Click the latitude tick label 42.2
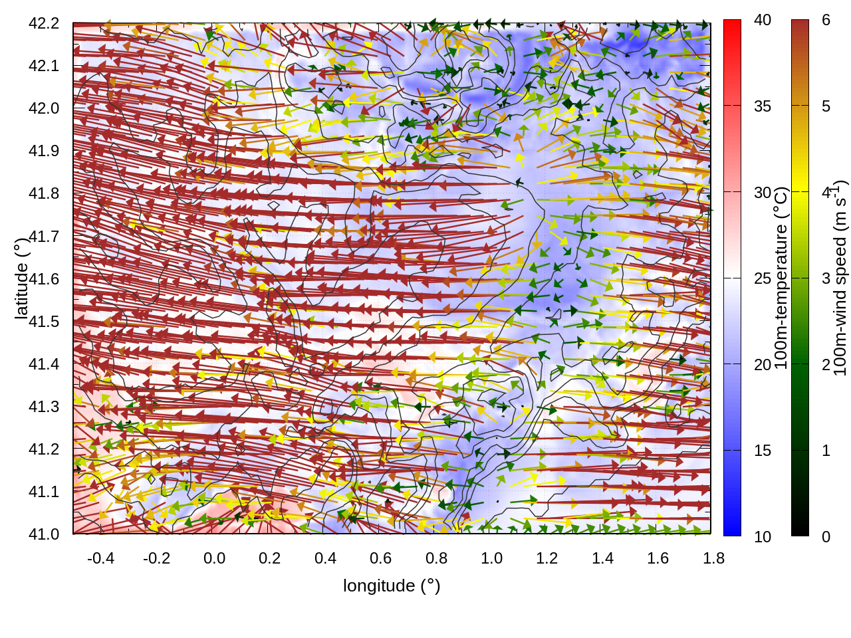point(44,23)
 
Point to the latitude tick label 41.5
point(44,322)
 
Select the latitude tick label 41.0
point(44,534)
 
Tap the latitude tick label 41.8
point(44,193)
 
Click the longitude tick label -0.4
point(100,558)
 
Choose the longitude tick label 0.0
point(214,558)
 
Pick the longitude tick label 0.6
point(380,558)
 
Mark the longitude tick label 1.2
point(547,558)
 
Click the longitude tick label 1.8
point(713,558)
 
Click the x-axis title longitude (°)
point(392,585)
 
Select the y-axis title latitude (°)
point(21,278)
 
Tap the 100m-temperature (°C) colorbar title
point(781,278)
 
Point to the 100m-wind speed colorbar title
point(840,278)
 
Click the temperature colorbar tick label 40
point(763,20)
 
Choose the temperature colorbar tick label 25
point(763,278)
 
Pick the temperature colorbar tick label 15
point(763,451)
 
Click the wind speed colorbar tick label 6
point(826,20)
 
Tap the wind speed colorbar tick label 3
point(826,278)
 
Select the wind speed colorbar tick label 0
point(826,536)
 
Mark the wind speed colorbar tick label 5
point(826,106)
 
